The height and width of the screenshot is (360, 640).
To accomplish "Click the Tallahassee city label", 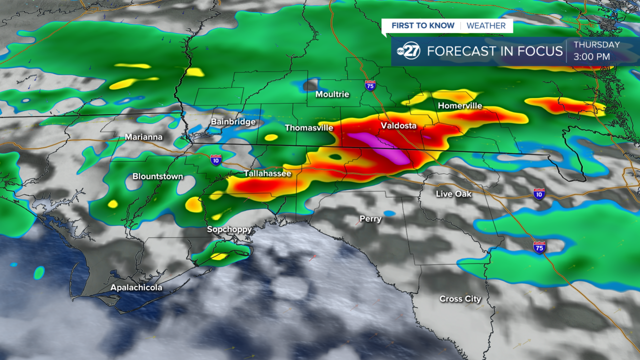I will [x=267, y=173].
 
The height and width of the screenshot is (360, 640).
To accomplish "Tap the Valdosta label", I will [x=398, y=125].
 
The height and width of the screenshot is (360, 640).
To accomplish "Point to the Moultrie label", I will [x=332, y=94].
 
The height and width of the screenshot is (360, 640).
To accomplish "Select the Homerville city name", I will [x=460, y=105].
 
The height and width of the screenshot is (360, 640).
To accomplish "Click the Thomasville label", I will [x=309, y=127].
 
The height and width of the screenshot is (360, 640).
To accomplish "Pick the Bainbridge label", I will [x=233, y=121].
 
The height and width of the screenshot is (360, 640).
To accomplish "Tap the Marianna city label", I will [x=144, y=136].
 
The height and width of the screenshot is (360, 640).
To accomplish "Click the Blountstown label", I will [x=157, y=176].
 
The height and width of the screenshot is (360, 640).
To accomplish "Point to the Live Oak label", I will [x=453, y=193].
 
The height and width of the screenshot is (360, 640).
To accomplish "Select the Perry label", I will [x=370, y=218].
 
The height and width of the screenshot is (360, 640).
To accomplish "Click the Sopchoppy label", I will [x=229, y=229].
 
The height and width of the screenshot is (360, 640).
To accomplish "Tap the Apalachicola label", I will [x=136, y=287].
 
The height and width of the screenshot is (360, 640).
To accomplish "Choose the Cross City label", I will [x=460, y=298].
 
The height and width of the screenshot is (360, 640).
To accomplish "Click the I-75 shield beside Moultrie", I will [x=370, y=85].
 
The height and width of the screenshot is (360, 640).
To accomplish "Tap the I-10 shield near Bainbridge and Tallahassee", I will [x=216, y=159].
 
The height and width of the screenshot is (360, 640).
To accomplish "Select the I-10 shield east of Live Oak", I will [x=539, y=193].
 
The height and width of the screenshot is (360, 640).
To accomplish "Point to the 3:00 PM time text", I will [x=592, y=56].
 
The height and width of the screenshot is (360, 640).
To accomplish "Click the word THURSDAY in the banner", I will [x=596, y=44].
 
